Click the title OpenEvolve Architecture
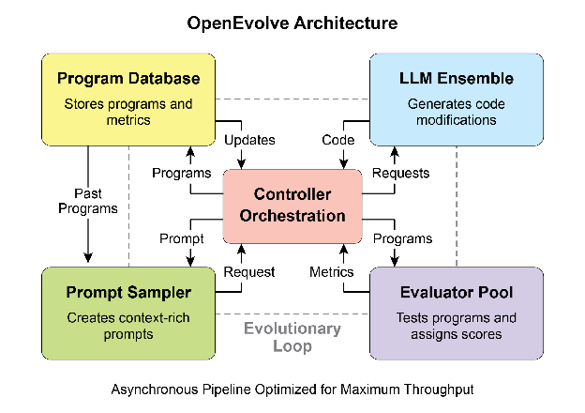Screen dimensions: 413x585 [x=292, y=22]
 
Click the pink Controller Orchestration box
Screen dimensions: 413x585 [x=292, y=205]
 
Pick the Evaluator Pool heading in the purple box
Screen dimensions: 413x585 [x=457, y=293]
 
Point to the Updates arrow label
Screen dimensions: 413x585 [x=249, y=140]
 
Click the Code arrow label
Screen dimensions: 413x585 [x=337, y=140]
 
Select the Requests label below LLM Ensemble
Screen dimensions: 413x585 [x=400, y=173]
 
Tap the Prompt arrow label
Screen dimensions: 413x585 [x=182, y=238]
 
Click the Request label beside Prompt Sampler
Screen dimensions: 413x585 [x=248, y=271]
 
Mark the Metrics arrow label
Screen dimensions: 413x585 [x=332, y=271]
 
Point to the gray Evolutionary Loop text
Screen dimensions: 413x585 [x=292, y=337]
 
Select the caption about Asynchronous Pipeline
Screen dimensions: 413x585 [x=292, y=388]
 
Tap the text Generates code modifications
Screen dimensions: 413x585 [x=457, y=111]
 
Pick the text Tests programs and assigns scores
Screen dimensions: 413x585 [x=457, y=326]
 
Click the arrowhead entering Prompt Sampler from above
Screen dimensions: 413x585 [x=89, y=259]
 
